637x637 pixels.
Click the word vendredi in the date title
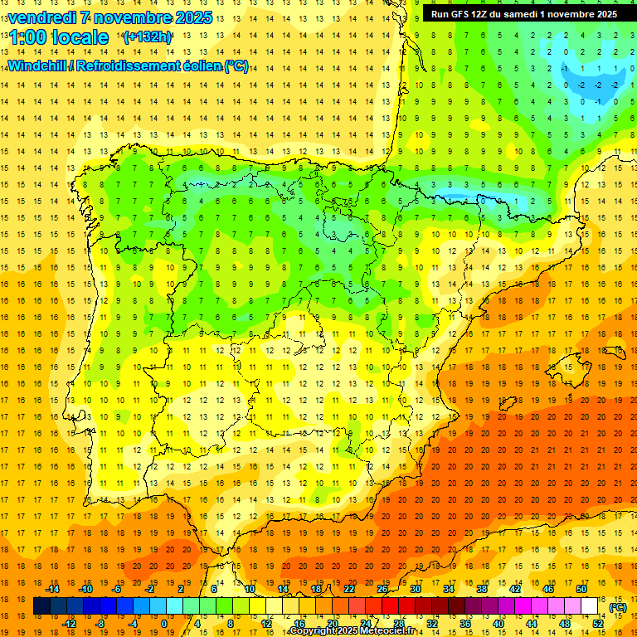click(43, 17)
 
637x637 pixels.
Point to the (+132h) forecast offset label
click(147, 37)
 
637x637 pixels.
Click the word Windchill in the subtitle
click(38, 66)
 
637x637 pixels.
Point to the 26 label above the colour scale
click(382, 589)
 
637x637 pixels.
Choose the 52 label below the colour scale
click(598, 624)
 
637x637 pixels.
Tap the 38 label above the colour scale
click(482, 589)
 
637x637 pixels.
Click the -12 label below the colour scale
click(69, 624)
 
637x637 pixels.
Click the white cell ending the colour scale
click(590, 606)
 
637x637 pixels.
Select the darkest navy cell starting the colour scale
click(41, 606)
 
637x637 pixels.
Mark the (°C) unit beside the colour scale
click(618, 607)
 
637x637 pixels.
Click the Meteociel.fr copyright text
click(364, 631)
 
